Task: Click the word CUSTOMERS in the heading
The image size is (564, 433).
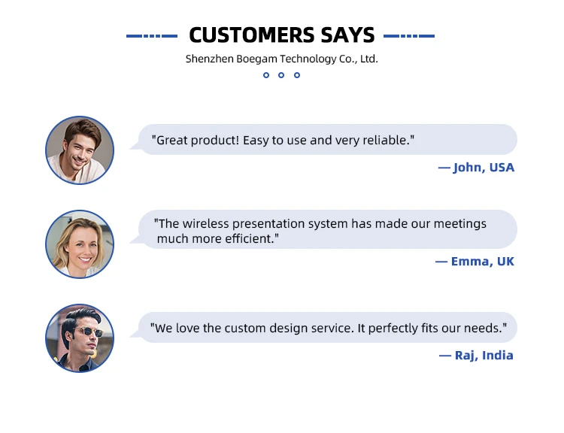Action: coord(252,35)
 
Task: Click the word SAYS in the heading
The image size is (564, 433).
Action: coord(347,35)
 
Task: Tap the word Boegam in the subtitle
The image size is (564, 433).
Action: coord(256,59)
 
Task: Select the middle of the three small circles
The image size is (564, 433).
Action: coord(281,75)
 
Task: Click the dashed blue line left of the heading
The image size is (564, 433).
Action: coord(152,36)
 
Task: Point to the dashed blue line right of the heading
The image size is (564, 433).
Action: coord(409,36)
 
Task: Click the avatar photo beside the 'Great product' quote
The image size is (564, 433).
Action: coord(80,150)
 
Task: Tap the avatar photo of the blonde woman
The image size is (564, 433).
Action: coord(80,244)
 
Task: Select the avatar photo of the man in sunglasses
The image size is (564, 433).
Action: coord(80,338)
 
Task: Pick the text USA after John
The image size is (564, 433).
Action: coord(502,168)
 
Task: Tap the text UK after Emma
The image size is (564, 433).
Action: coord(505,262)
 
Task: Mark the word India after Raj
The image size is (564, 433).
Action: coord(498,356)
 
